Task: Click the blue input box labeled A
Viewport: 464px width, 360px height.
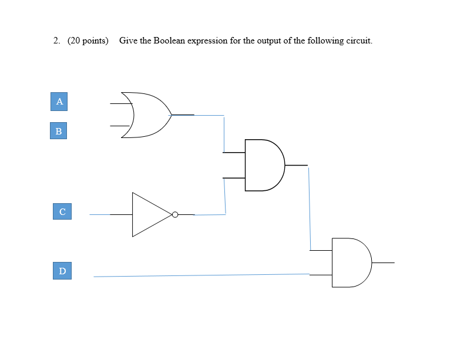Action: [x=59, y=102]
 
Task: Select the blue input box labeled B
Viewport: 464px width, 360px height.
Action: [x=58, y=131]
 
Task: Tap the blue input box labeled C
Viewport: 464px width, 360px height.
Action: [x=62, y=211]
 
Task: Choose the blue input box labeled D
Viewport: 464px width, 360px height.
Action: [x=62, y=271]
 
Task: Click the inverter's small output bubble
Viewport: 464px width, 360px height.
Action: [x=174, y=214]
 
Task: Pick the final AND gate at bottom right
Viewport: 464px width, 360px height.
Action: [x=350, y=263]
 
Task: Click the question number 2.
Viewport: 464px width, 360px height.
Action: [x=56, y=41]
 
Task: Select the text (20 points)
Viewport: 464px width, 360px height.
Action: [x=88, y=41]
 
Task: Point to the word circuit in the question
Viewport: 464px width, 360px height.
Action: [x=358, y=41]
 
